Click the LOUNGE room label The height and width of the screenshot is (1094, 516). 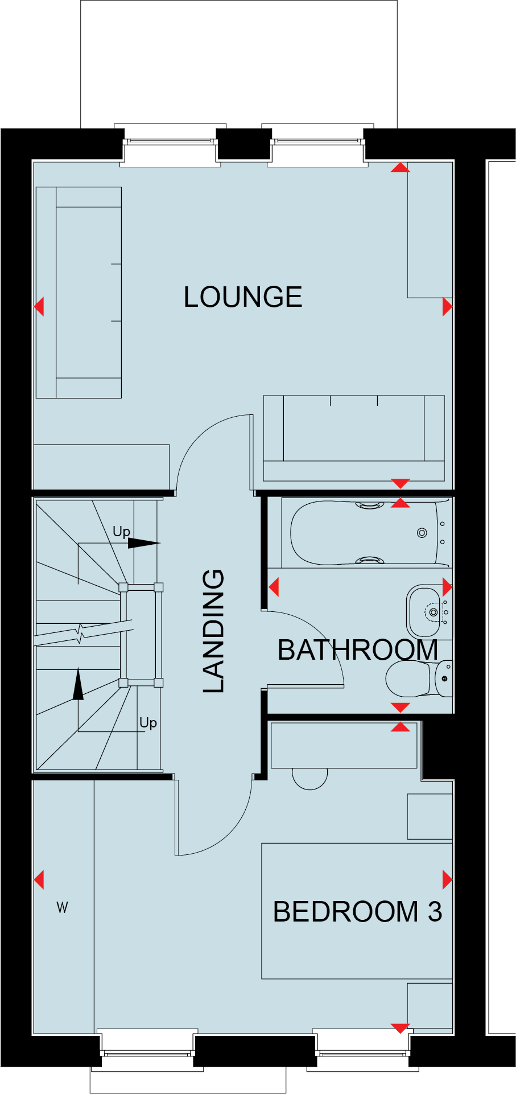[243, 297]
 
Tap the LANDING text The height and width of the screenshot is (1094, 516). [214, 631]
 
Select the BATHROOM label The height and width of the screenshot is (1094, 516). [357, 650]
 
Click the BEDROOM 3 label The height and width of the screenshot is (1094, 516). [357, 911]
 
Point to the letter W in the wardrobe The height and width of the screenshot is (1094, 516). [63, 907]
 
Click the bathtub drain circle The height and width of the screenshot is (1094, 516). [422, 533]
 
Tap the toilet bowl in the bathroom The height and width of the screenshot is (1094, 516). [408, 678]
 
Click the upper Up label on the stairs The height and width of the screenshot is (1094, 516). [121, 532]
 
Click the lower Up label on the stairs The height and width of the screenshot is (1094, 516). [148, 723]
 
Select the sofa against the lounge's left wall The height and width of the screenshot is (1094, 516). [79, 293]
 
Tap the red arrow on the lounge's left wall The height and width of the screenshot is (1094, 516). [39, 307]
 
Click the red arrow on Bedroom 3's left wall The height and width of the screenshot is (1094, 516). [39, 879]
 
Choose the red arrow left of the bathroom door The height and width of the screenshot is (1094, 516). [274, 587]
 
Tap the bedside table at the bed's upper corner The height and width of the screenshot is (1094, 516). [430, 816]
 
